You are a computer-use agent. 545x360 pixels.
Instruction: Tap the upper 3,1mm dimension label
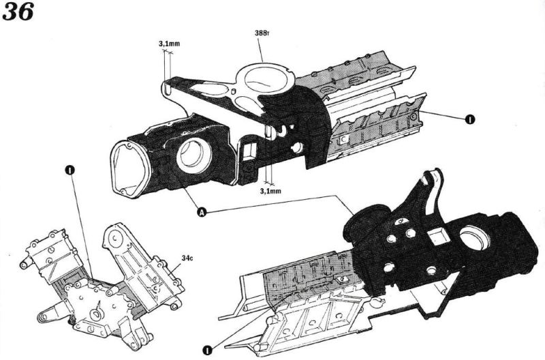(169, 44)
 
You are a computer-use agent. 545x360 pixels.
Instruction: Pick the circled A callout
(202, 213)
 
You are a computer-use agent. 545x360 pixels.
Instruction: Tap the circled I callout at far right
(469, 119)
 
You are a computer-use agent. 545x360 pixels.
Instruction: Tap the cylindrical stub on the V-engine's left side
(27, 262)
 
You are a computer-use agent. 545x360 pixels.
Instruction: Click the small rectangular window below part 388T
(249, 149)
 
